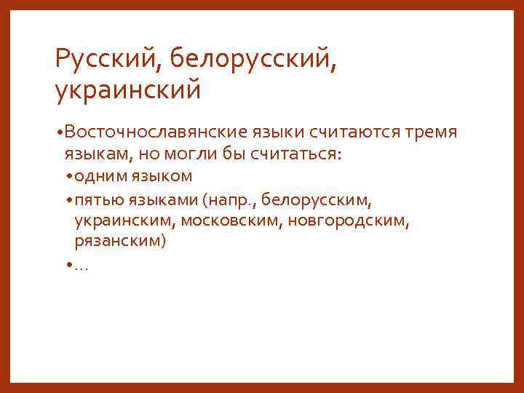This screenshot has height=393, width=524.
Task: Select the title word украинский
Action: (127, 90)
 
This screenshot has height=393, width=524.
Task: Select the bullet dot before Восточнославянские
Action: (58, 132)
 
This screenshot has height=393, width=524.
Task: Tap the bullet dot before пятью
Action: (68, 199)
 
